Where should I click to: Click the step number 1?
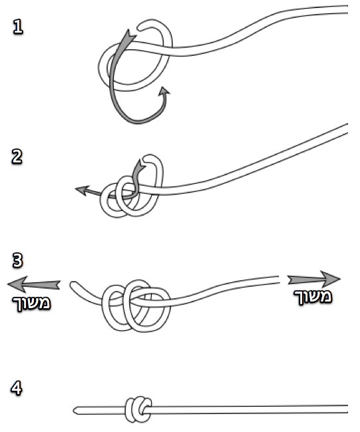18,27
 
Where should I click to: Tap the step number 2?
17,157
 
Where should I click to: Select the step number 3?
17,260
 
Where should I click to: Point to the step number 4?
16,388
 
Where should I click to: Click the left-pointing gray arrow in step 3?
33,284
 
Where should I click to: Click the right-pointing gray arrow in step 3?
314,279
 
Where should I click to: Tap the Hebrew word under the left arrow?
31,304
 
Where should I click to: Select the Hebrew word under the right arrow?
313,297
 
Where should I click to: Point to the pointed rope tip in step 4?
75,410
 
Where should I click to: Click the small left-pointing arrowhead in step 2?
81,190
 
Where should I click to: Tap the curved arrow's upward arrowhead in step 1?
164,91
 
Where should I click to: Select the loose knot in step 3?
136,306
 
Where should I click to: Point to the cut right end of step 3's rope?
279,280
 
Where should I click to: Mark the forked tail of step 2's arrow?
141,165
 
